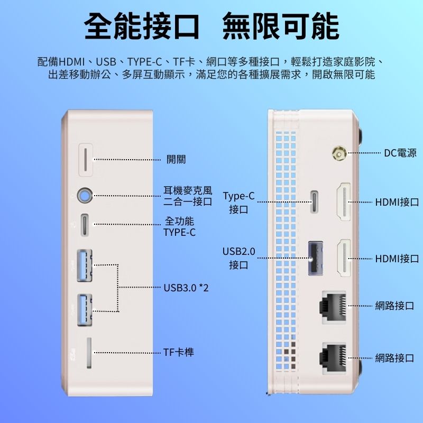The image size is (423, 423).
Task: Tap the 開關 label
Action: (x=176, y=159)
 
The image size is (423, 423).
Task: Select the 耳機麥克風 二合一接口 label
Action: (x=188, y=196)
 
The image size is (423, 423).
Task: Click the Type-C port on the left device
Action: (x=85, y=225)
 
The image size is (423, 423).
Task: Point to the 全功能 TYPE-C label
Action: (x=180, y=226)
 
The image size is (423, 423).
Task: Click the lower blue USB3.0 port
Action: (x=85, y=309)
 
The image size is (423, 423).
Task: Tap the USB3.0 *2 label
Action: (x=186, y=288)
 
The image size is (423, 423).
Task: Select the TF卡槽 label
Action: (x=178, y=352)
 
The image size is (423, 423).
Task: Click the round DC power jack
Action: (x=338, y=154)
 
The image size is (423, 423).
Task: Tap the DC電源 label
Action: (x=400, y=153)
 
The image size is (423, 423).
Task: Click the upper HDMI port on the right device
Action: (x=344, y=202)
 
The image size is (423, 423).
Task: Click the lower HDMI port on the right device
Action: (x=344, y=258)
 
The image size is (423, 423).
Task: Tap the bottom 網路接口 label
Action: (x=394, y=358)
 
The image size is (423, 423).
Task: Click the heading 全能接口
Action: (x=142, y=26)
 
